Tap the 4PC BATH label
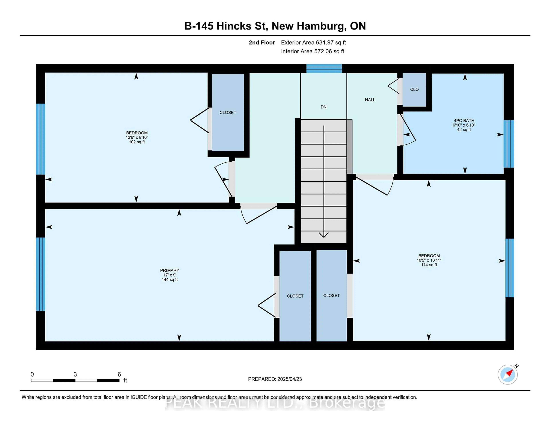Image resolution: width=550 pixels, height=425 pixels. coord(464,121)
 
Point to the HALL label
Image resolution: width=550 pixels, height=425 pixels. coord(370,100)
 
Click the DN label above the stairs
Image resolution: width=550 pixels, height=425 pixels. coord(324,107)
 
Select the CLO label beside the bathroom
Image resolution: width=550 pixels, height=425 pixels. coord(414,89)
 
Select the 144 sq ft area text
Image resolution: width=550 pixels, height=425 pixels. coord(170,280)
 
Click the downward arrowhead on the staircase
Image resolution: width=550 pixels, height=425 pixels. coord(324,235)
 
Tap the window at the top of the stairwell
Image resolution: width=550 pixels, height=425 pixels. coord(324,68)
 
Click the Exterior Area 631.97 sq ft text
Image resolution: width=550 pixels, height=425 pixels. coord(314,43)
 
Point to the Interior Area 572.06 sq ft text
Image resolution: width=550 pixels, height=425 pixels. coord(313,51)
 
